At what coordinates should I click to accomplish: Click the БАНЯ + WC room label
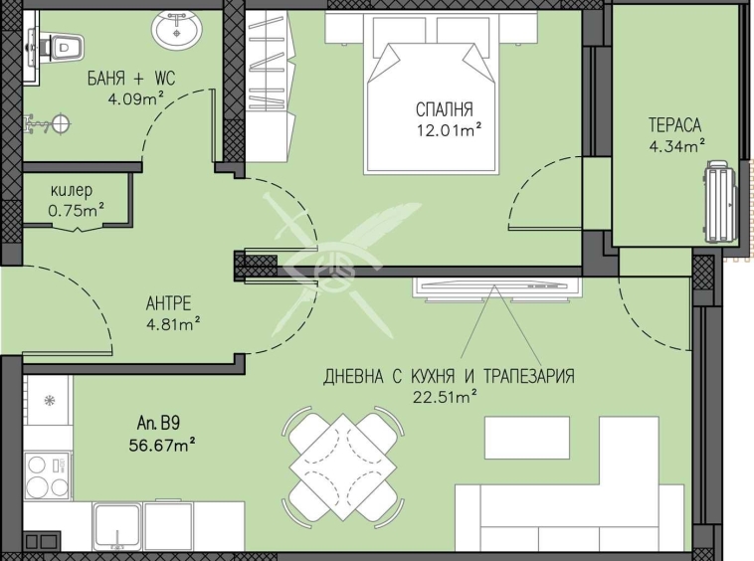[130, 79]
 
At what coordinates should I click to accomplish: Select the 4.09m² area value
[136, 99]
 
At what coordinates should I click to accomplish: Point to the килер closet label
[72, 191]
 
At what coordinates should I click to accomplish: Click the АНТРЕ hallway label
[168, 303]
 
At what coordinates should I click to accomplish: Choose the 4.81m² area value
[173, 324]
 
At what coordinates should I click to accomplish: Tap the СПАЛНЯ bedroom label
[445, 109]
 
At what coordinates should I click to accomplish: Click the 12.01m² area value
[450, 130]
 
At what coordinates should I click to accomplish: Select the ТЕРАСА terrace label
[674, 125]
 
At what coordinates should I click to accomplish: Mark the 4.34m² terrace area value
[677, 146]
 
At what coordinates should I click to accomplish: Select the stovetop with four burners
[48, 476]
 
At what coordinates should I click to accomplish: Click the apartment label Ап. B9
[158, 424]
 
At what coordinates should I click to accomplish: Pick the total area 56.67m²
[162, 446]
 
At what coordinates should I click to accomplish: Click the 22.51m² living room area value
[445, 397]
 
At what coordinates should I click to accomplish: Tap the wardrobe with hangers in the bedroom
[270, 87]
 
